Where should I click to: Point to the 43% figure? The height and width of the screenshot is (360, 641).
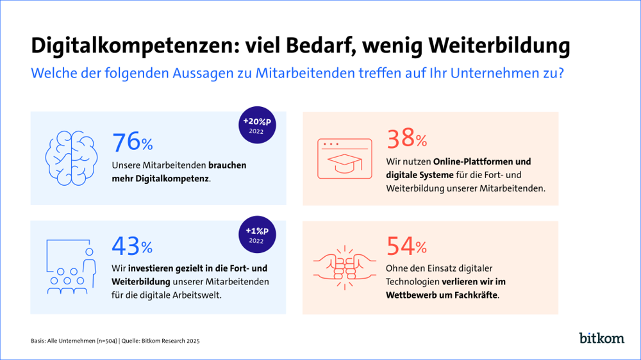click(x=133, y=245)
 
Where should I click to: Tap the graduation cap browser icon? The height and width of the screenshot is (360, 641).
click(x=345, y=158)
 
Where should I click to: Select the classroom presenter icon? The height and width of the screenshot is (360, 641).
click(x=71, y=266)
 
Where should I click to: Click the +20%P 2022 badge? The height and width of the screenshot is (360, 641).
click(x=257, y=125)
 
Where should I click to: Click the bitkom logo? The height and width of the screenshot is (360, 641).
click(x=601, y=337)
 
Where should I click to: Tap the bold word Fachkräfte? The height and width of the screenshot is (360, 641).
click(x=474, y=295)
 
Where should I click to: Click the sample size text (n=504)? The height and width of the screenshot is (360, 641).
click(x=103, y=341)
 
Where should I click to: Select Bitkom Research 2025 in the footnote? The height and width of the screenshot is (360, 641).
click(x=174, y=341)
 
